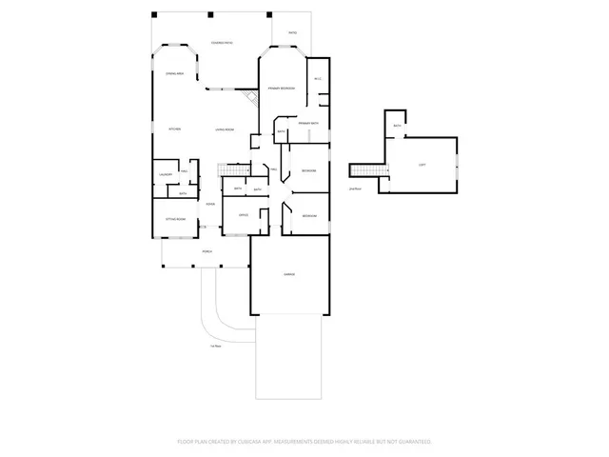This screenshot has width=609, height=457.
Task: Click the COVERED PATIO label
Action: [x=223, y=43]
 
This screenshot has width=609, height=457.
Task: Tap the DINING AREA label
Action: [x=174, y=73]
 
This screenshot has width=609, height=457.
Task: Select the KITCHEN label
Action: [x=175, y=129]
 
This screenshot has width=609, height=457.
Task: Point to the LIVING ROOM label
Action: [x=225, y=129]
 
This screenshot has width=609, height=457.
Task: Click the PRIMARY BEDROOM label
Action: [x=281, y=89]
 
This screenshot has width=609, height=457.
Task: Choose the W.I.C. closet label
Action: [x=318, y=78]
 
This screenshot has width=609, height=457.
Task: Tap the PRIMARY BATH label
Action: [x=307, y=124]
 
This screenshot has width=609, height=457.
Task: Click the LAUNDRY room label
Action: [x=165, y=174]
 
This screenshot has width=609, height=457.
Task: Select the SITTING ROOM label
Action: [x=175, y=218]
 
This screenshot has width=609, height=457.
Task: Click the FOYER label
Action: [x=209, y=204]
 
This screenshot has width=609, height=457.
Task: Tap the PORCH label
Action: [x=206, y=251]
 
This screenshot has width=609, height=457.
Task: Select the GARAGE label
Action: [x=289, y=274]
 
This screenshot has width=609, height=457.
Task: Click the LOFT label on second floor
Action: [x=422, y=164]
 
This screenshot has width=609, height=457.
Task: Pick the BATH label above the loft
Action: [x=397, y=125]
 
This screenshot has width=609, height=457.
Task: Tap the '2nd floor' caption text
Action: [x=356, y=189]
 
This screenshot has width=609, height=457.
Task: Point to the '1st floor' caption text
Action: [x=216, y=346]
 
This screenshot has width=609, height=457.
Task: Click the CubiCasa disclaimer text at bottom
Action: [x=304, y=442]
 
